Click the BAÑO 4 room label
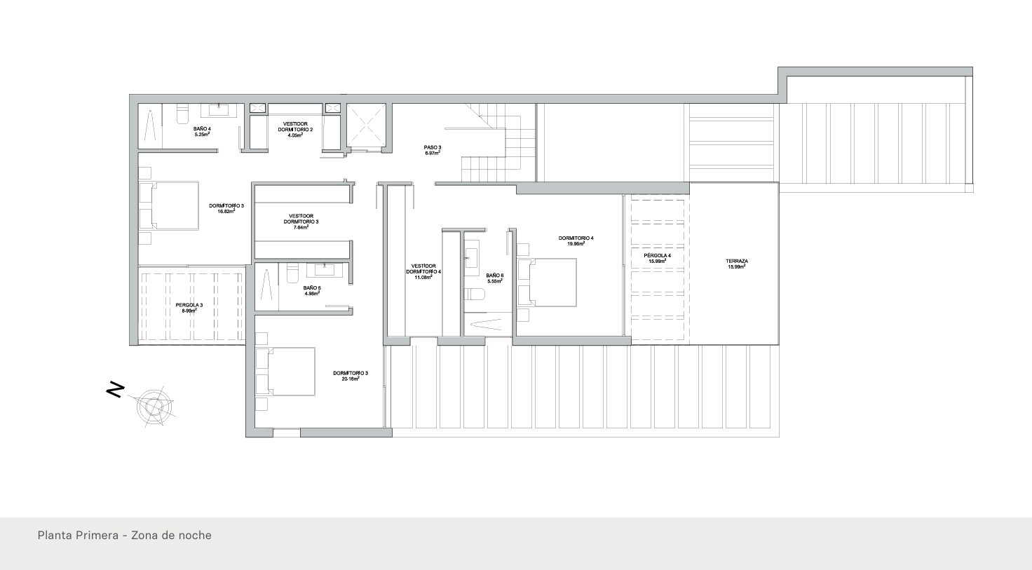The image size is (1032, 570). [202, 129]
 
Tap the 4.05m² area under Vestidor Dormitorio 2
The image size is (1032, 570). [294, 135]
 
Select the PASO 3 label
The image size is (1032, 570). [432, 147]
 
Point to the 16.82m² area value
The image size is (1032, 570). [226, 210]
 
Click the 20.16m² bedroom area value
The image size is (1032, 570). [350, 379]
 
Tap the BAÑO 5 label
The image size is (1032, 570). [312, 288]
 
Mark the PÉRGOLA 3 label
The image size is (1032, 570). [189, 305]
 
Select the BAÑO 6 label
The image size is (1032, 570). [495, 276]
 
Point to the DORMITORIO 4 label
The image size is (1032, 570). [576, 238]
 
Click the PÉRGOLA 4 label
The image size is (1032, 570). [658, 256]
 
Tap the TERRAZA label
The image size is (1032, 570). [736, 262]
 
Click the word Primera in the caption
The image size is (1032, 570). [93, 535]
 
